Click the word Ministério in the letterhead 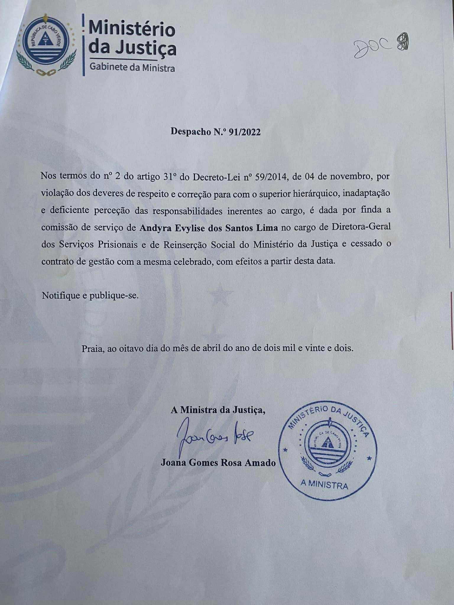pyautogui.click(x=132, y=29)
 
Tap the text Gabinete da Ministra pyautogui.click(x=132, y=68)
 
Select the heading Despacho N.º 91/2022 pyautogui.click(x=215, y=131)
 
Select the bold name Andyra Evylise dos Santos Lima pyautogui.click(x=209, y=227)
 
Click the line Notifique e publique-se pyautogui.click(x=90, y=295)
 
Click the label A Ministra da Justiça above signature pyautogui.click(x=218, y=410)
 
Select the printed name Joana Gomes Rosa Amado pyautogui.click(x=218, y=463)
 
